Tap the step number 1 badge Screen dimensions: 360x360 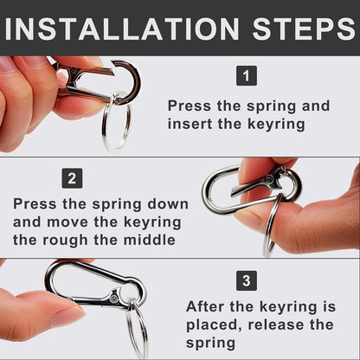(x=247, y=76)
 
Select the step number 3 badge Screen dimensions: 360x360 (x=247, y=280)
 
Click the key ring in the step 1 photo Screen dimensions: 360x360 (x=116, y=127)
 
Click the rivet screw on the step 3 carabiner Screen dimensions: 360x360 (x=114, y=299)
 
